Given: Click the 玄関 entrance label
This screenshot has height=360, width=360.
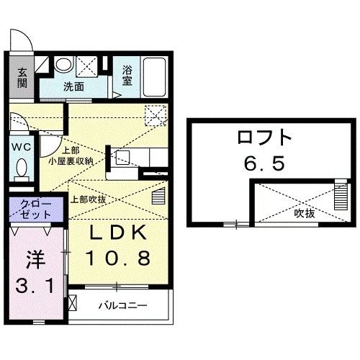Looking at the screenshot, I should click(x=22, y=77).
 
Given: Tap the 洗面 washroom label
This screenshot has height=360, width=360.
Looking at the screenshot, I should click(x=73, y=86).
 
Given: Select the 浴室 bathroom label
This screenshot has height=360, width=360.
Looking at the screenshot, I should click(x=128, y=76).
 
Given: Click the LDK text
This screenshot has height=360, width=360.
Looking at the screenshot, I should click(x=118, y=233).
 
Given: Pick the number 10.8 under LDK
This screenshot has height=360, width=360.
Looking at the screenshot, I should click(x=118, y=257).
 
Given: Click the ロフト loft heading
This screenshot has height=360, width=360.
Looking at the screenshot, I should click(x=266, y=137).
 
